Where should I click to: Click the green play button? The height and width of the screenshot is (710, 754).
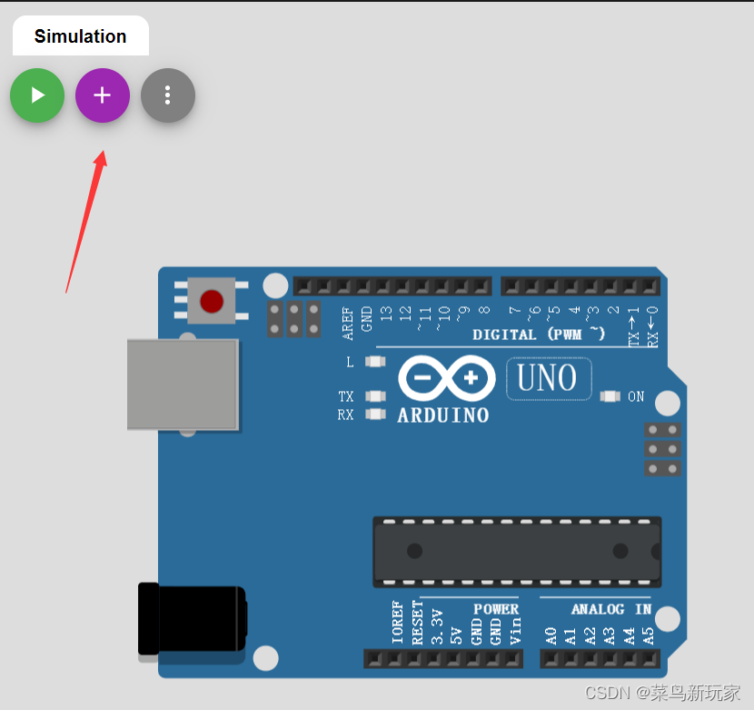point(37,95)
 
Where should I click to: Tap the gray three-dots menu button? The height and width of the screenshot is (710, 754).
point(168,95)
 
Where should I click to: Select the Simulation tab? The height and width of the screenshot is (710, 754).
point(80,36)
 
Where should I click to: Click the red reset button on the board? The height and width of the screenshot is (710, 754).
point(212,301)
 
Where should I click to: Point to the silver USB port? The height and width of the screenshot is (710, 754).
point(183,385)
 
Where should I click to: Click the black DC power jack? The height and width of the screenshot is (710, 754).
point(191,619)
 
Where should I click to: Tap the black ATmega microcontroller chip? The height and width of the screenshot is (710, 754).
point(517,551)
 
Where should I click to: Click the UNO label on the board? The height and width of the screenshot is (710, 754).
point(548,378)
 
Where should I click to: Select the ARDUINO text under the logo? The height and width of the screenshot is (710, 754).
point(443,415)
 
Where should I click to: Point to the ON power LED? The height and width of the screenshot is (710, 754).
point(610,396)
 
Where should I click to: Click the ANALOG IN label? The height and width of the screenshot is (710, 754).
point(610,609)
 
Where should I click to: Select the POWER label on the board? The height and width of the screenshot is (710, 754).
point(495,609)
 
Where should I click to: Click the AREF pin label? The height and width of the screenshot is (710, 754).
point(348,323)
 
